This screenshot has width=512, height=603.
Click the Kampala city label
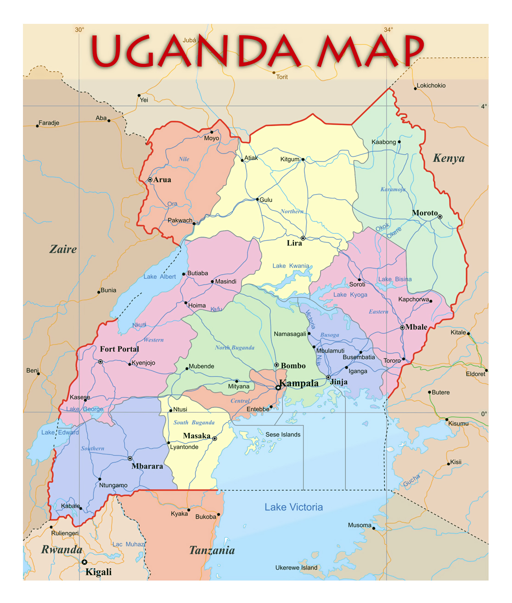[299, 383]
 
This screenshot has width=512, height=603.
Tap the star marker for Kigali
[84, 562]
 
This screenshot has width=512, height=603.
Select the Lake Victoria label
[293, 507]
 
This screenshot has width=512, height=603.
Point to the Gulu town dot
[258, 199]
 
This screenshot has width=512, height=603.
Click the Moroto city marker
[440, 217]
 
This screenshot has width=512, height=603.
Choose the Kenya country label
[449, 158]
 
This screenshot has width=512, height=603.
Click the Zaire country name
[63, 249]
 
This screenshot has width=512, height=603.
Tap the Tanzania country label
[212, 551]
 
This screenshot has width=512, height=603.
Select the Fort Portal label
[119, 349]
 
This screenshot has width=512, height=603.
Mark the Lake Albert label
[159, 277]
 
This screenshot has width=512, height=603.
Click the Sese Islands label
[283, 435]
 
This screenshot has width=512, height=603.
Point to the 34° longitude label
[388, 30]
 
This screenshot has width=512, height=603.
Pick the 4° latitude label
[484, 106]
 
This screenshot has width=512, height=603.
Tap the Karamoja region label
[393, 189]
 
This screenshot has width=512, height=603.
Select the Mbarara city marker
[130, 459]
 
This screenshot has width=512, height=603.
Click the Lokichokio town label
[431, 86]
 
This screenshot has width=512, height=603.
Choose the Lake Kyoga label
[350, 295]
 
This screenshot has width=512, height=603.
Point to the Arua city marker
[150, 180]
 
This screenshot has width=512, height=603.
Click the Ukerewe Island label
[296, 568]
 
